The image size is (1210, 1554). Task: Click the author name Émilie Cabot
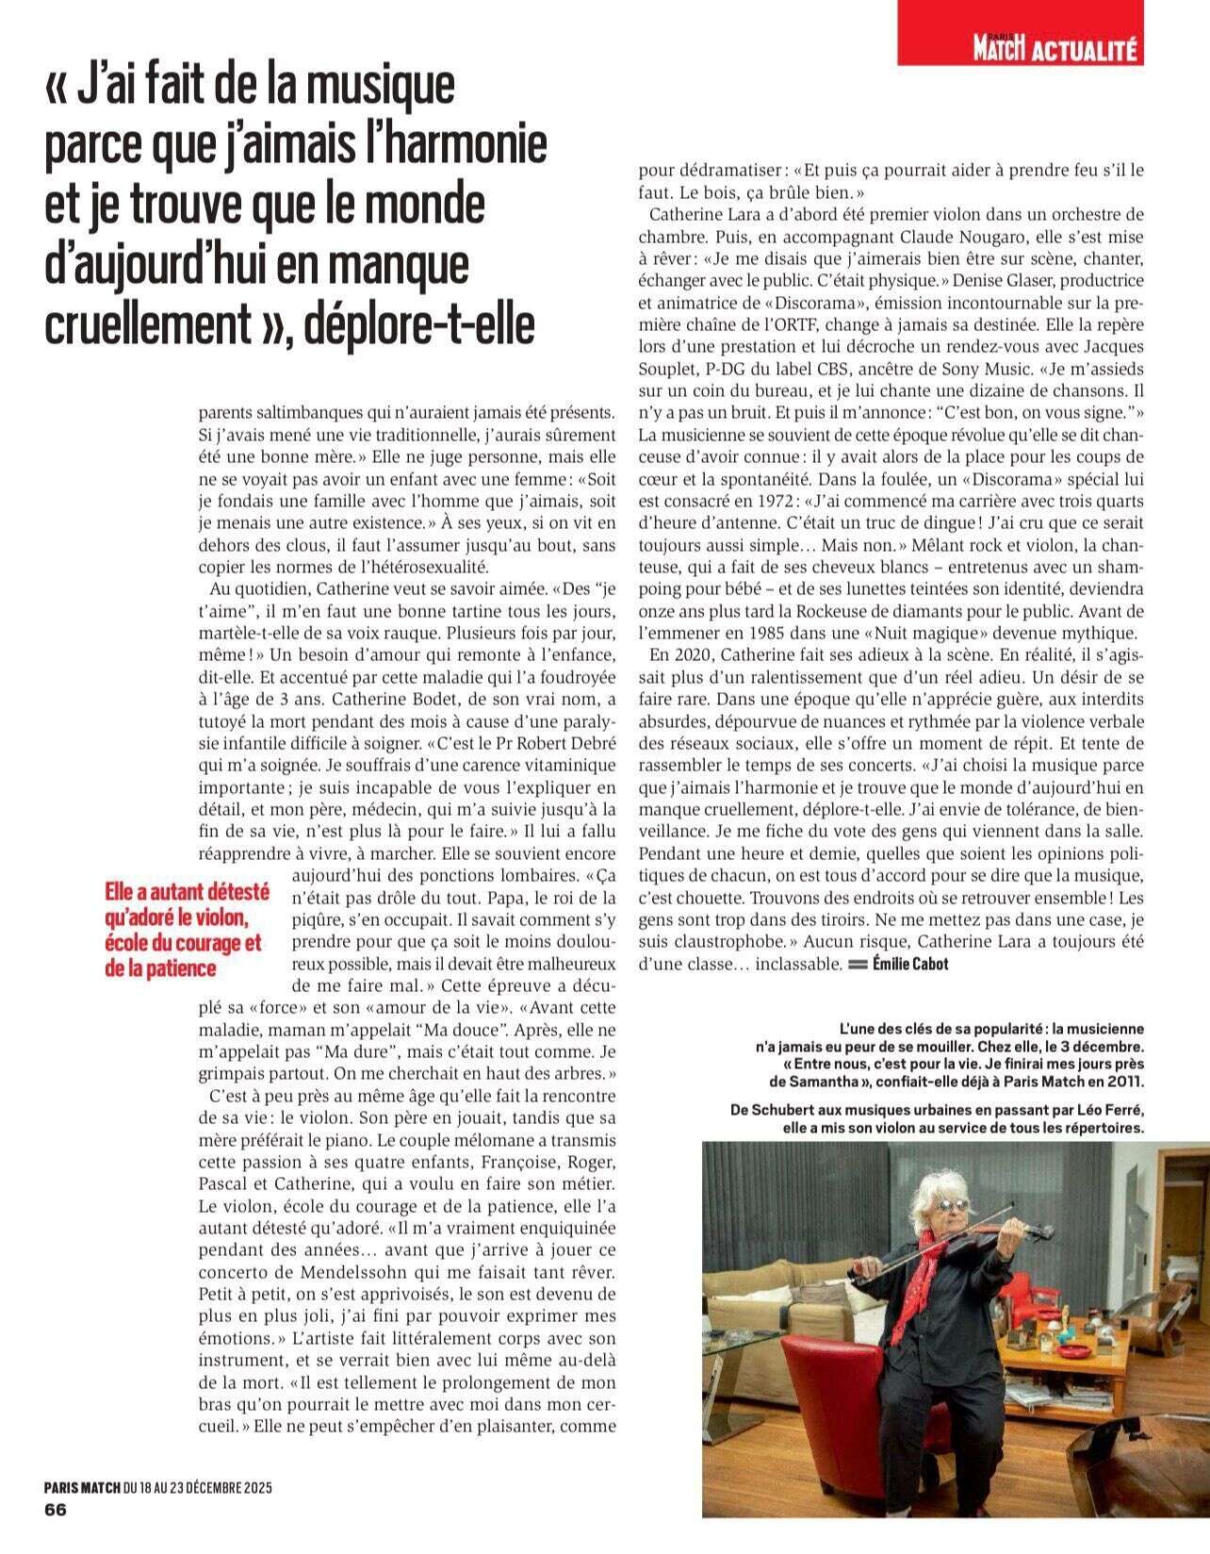tap(910, 964)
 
